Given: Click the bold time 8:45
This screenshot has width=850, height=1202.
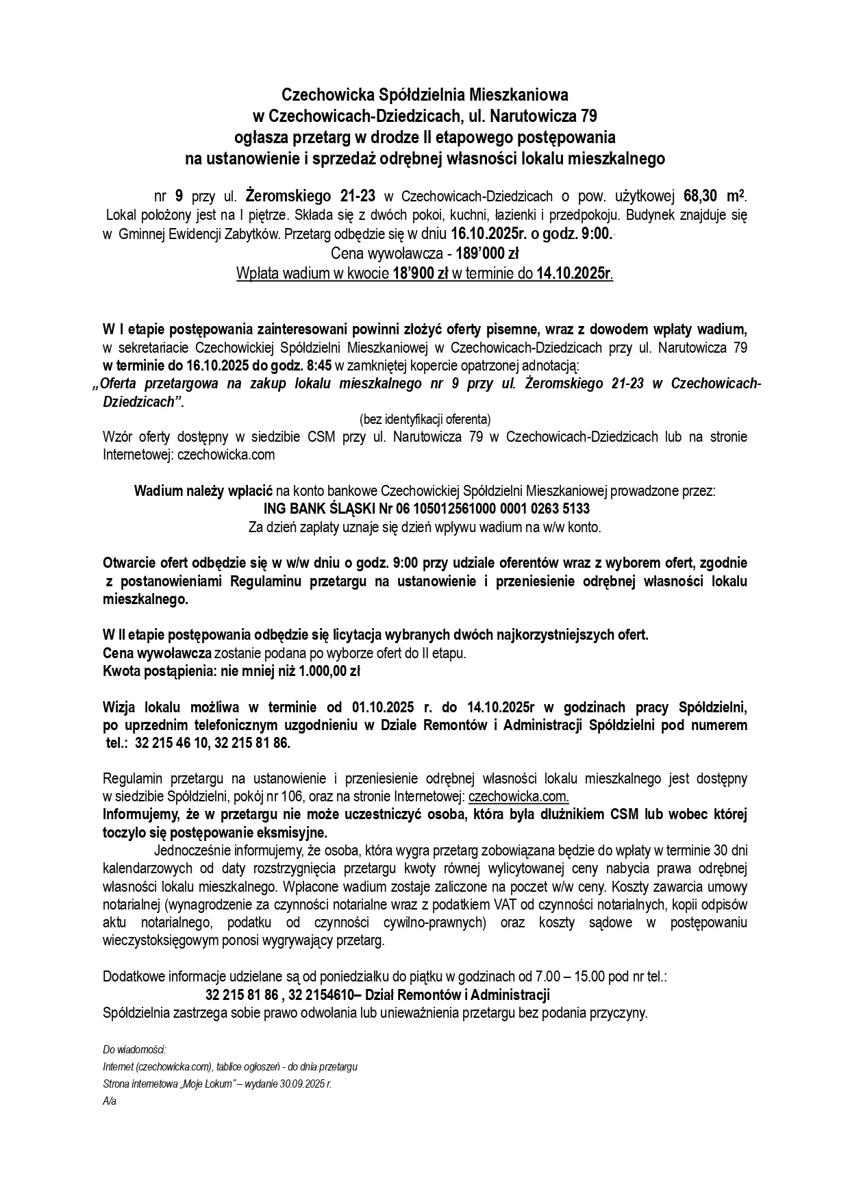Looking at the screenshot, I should (x=320, y=365).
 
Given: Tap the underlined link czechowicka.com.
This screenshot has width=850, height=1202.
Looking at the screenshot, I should (x=518, y=797).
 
